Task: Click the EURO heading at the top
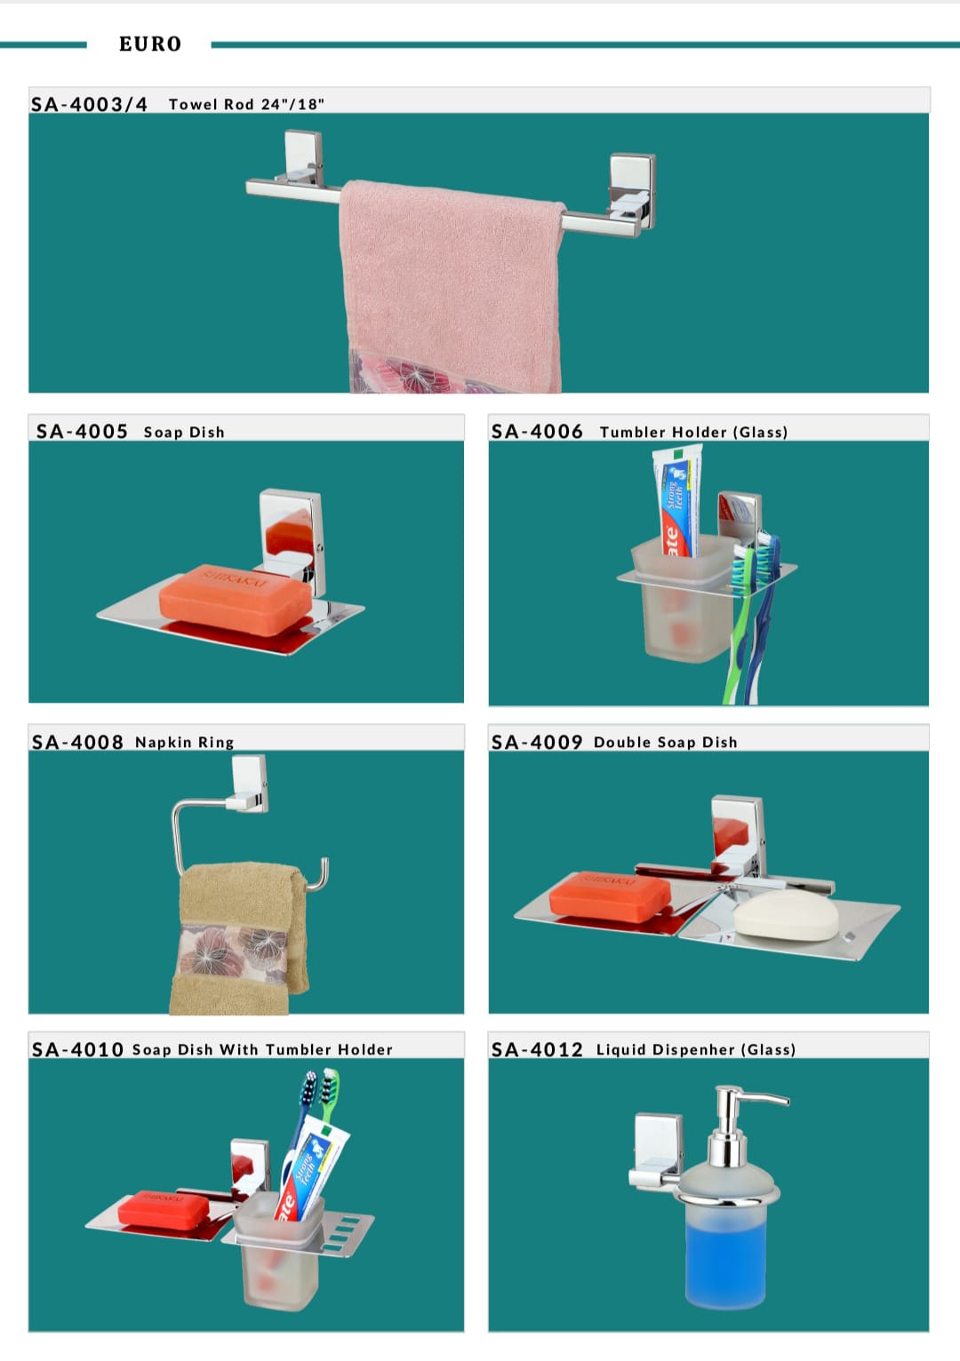pos(150,44)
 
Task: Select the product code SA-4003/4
pos(90,105)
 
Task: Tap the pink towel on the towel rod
pos(452,285)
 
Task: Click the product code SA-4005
pos(82,432)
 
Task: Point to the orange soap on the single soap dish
pos(236,599)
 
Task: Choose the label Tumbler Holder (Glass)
pos(693,432)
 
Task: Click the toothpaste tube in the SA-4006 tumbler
pos(676,500)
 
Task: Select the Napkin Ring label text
pos(184,742)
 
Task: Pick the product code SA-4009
pos(537,742)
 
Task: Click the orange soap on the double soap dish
pos(609,896)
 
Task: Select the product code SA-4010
pos(77,1049)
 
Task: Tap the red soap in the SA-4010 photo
pos(163,1209)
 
